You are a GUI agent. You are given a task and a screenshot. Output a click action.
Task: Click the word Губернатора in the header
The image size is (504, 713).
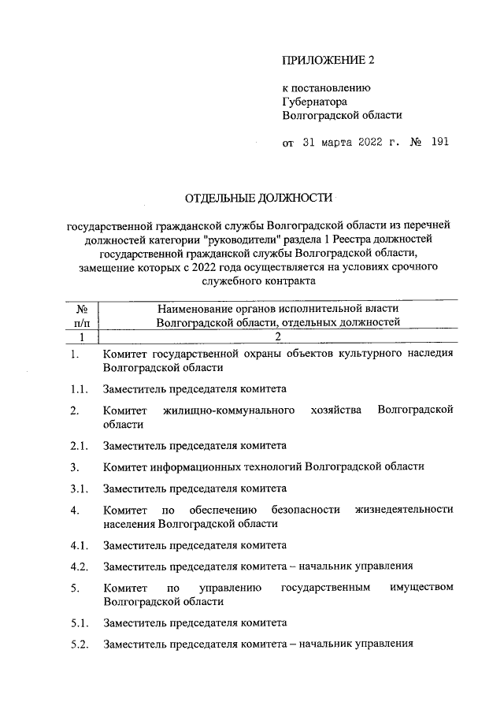coord(315,101)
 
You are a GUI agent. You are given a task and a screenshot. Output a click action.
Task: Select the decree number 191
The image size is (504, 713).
coord(439,143)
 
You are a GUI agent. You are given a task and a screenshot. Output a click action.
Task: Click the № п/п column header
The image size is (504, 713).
coord(81,314)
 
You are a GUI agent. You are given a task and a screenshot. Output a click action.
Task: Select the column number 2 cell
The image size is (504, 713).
coord(277,337)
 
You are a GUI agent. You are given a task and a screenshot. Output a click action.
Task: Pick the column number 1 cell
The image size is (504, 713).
coord(81,337)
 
